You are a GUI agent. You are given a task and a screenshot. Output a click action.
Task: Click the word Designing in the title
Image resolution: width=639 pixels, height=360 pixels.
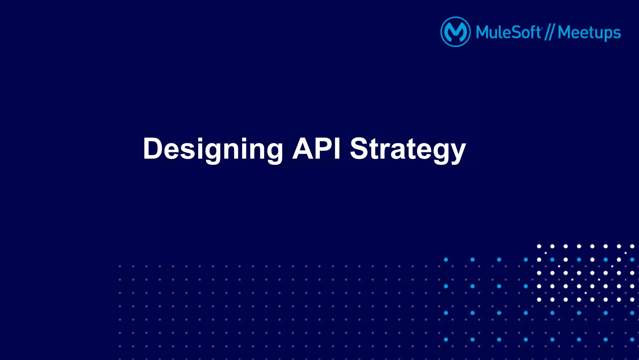[x=213, y=149]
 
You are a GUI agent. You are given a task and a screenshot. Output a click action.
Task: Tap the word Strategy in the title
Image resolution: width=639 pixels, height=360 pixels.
[x=407, y=149]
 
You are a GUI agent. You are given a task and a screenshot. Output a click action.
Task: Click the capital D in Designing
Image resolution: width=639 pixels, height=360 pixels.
[x=154, y=149]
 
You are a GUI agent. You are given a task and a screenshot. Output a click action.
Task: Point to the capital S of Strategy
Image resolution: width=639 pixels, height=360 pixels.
[x=359, y=149]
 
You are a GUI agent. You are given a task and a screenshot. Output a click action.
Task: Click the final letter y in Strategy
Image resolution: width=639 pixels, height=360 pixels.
[x=457, y=151]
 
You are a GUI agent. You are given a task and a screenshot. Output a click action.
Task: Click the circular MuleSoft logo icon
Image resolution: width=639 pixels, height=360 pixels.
[x=455, y=32]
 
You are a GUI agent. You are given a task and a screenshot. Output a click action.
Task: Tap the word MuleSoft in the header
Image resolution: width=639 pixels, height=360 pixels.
[x=509, y=32]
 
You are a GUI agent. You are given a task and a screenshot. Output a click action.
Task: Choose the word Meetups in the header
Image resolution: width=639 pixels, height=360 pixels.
[x=589, y=33]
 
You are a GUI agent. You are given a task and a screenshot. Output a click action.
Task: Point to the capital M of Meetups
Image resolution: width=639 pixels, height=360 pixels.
[x=565, y=32]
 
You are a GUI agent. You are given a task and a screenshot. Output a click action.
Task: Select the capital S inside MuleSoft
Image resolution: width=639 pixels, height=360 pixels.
[x=517, y=32]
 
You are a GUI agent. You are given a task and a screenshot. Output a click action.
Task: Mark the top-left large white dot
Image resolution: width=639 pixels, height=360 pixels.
[x=539, y=246]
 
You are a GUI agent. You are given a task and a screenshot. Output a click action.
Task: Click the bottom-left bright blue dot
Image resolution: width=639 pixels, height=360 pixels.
[x=446, y=339]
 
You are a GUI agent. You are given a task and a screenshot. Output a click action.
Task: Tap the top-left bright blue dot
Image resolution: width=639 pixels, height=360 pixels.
[x=446, y=259]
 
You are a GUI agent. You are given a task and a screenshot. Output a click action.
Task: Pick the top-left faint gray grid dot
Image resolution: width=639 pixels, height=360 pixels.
[x=120, y=266]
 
